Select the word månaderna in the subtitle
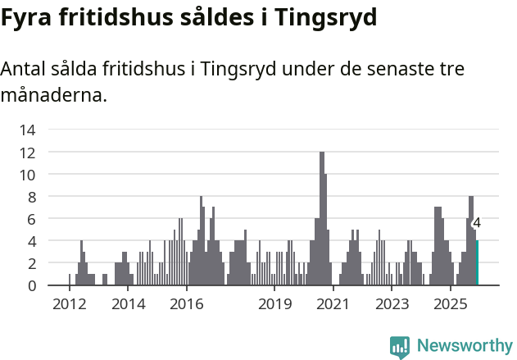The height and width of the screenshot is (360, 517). pyautogui.click(x=53, y=95)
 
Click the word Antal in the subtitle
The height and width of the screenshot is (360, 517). pyautogui.click(x=25, y=69)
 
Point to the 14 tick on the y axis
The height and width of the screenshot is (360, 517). pyautogui.click(x=27, y=130)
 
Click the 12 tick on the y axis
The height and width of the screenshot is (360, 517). pyautogui.click(x=27, y=153)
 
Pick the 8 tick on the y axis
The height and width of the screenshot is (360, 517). pyautogui.click(x=31, y=197)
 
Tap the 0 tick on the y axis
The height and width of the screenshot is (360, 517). pyautogui.click(x=31, y=285)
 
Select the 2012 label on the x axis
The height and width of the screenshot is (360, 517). pyautogui.click(x=69, y=305)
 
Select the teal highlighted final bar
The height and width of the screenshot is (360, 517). pyautogui.click(x=477, y=263)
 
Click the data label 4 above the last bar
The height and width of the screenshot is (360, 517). pyautogui.click(x=477, y=223)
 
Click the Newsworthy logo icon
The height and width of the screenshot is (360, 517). pyautogui.click(x=400, y=346)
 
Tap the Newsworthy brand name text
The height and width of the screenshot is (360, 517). pyautogui.click(x=464, y=346)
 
